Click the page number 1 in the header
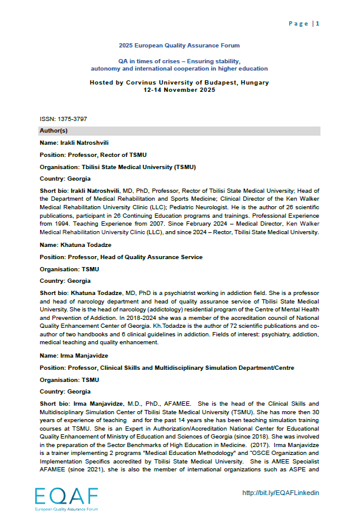tap(317, 24)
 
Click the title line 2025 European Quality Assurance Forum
tap(179, 46)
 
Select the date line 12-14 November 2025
tap(179, 89)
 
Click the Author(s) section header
tap(54, 131)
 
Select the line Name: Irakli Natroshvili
tap(74, 143)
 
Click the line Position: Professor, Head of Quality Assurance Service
tap(121, 257)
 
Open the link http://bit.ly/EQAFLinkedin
tap(281, 493)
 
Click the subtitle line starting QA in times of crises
tap(179, 61)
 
